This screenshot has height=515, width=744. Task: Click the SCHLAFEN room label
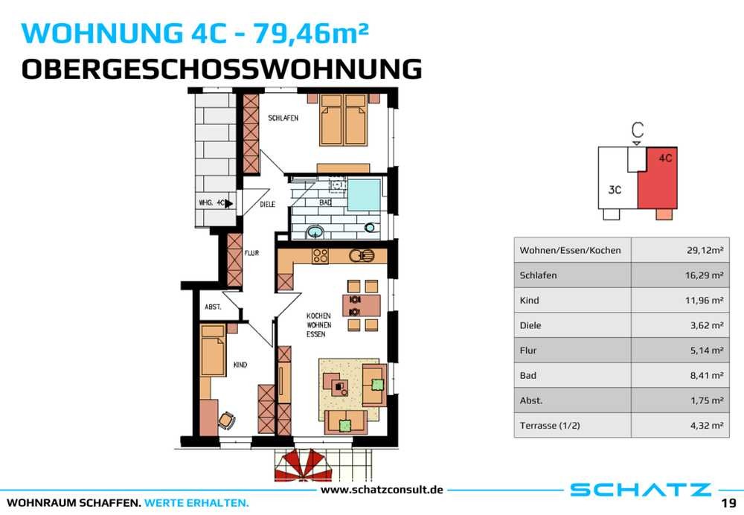[x=283, y=118]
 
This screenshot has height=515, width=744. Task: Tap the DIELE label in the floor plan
[x=268, y=204]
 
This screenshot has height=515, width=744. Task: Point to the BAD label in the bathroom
[x=325, y=202]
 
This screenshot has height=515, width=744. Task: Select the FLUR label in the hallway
[x=251, y=253]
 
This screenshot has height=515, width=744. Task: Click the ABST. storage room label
[x=213, y=307]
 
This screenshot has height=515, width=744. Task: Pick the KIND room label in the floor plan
[x=240, y=365]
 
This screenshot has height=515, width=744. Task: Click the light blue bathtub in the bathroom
[x=365, y=194]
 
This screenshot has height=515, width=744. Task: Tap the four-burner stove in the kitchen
[x=320, y=256]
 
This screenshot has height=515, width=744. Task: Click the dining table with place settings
[x=362, y=306]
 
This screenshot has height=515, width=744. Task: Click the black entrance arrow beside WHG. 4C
[x=228, y=203]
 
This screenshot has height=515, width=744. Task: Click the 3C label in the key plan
[x=615, y=190]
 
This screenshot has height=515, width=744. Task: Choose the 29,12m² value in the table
[x=705, y=250]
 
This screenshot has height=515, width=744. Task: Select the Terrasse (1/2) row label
[x=550, y=425]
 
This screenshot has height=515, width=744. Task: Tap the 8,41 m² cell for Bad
[x=707, y=375]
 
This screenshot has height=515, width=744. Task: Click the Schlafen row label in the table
[x=538, y=275]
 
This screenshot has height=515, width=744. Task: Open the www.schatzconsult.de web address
[x=382, y=490]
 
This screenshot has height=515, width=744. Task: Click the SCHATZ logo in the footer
[x=640, y=490]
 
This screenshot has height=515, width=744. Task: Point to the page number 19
[x=728, y=502]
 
